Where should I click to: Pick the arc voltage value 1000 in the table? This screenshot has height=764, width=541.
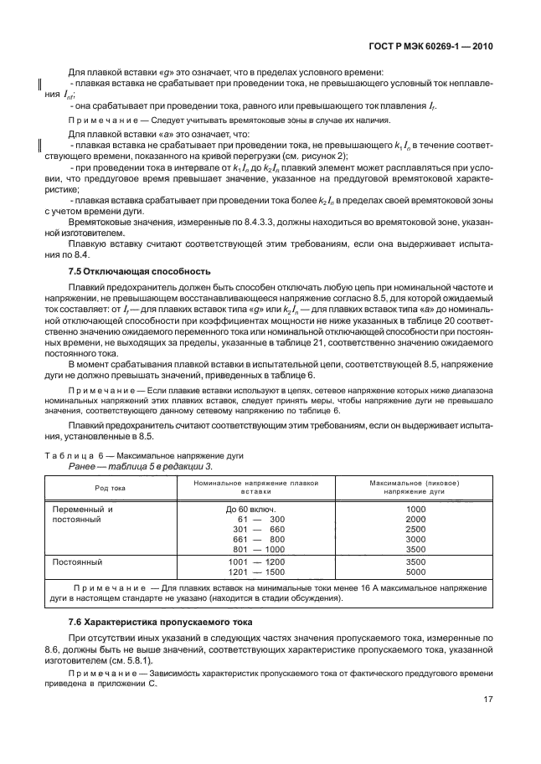[416, 509]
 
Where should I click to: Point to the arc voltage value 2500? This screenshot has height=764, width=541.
[416, 530]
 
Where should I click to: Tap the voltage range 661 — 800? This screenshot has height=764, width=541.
[257, 541]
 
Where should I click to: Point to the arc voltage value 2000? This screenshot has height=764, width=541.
[416, 520]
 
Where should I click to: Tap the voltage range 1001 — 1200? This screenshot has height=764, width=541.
[257, 561]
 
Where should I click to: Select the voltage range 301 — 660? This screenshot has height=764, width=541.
[257, 530]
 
